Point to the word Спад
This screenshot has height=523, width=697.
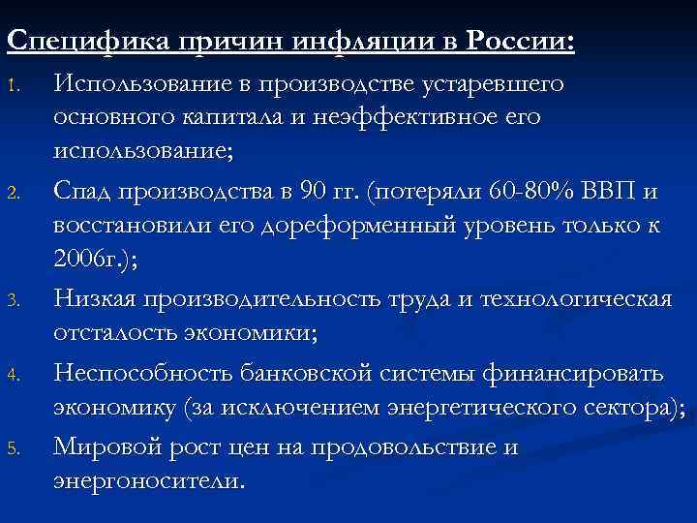coord(84,192)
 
